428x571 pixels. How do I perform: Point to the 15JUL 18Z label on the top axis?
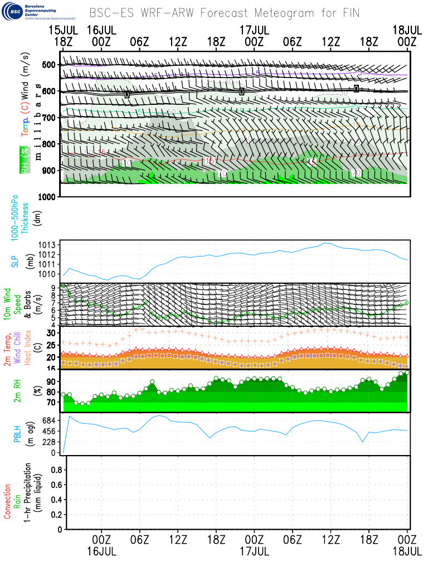tap(63, 35)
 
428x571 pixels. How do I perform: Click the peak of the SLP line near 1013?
tap(327, 243)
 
